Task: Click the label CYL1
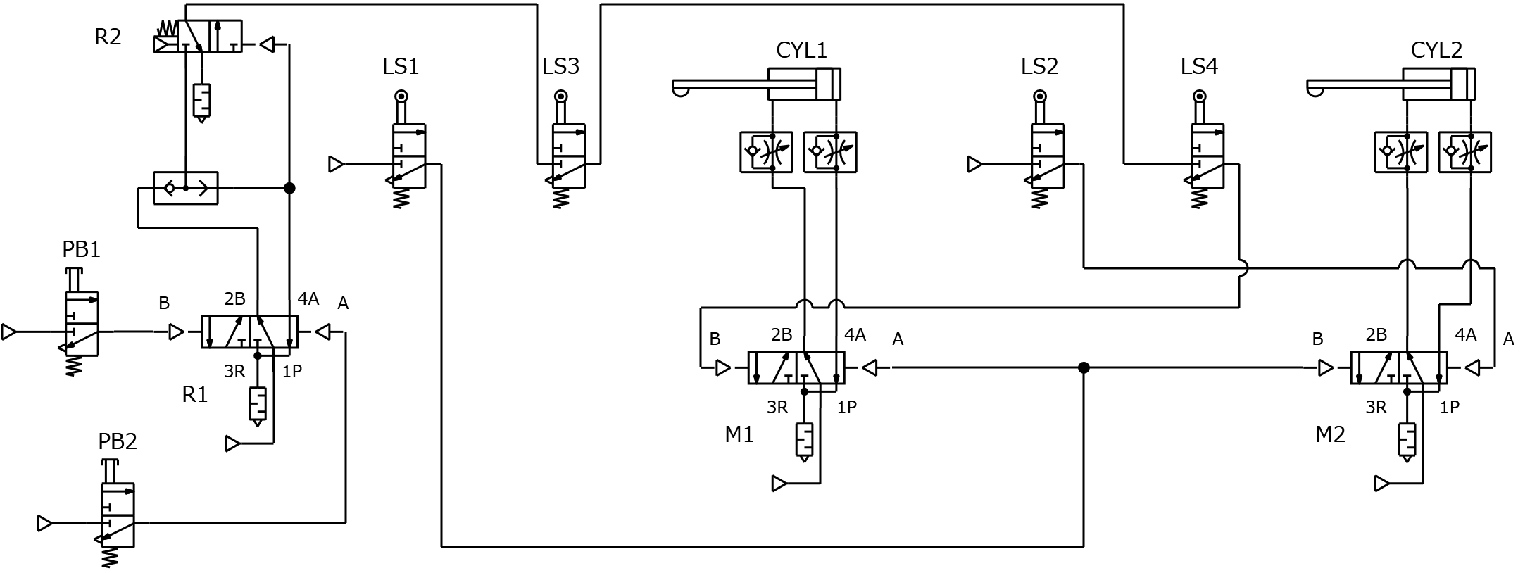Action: pos(801,50)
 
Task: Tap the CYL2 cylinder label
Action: pos(1436,50)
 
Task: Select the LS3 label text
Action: pos(560,66)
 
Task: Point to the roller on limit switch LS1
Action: pos(401,96)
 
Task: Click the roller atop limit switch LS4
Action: pos(1200,96)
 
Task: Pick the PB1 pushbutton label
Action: pos(81,250)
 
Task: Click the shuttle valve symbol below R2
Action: pos(186,188)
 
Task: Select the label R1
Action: pos(195,395)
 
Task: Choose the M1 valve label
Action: pos(739,435)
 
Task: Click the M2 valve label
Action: pos(1330,434)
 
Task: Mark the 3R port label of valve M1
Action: pos(777,407)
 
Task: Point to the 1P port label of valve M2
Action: pos(1449,406)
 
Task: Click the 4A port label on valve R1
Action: pos(308,298)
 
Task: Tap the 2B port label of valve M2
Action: pos(1376,334)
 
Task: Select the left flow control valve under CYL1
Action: pos(766,152)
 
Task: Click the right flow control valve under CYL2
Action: pos(1464,152)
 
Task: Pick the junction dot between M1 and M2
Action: pos(1084,367)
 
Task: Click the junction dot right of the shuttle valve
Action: pos(289,188)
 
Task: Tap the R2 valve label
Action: pos(108,37)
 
